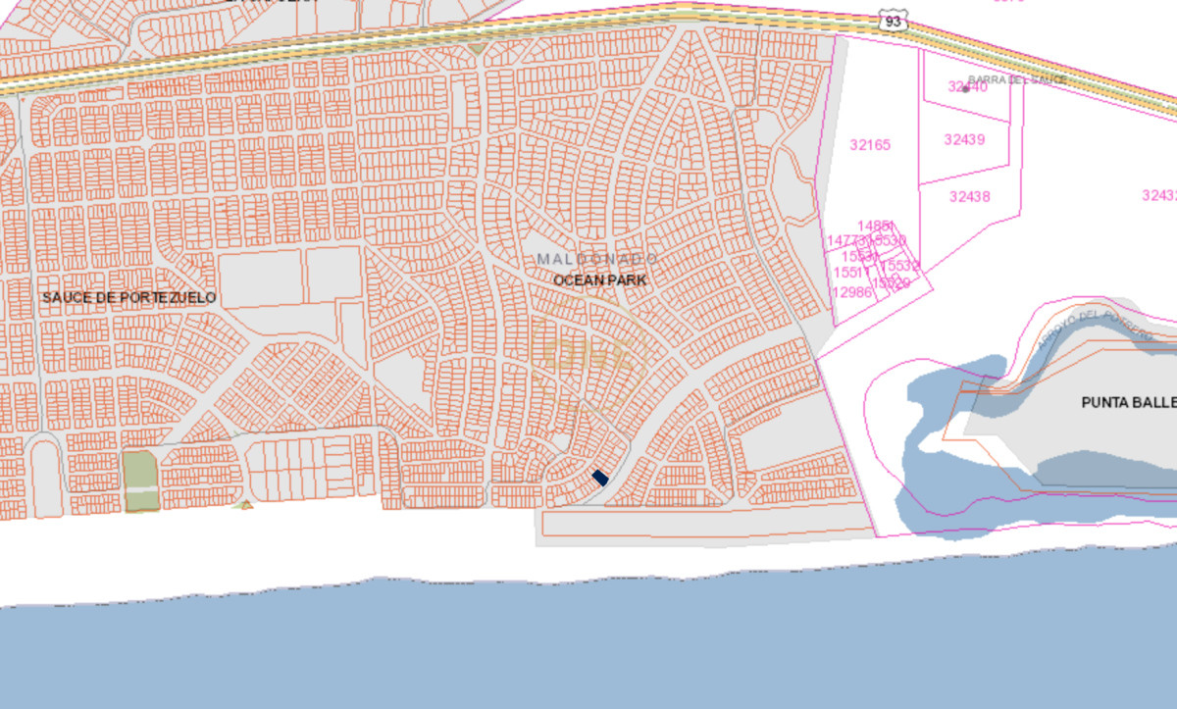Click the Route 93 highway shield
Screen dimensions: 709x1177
891,22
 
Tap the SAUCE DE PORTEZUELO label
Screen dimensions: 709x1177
128,297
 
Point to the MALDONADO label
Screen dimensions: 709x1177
597,258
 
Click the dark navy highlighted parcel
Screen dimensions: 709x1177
601,479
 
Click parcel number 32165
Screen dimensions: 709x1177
870,145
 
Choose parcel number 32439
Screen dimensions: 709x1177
964,139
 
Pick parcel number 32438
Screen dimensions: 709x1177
969,196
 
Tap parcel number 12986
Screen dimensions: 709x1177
851,292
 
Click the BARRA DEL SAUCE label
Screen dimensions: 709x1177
1016,80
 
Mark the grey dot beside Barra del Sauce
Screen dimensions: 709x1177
966,88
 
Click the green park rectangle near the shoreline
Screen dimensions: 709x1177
140,481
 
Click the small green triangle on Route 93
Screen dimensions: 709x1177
477,47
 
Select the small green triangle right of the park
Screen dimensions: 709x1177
247,505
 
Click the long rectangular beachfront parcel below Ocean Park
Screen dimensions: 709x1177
706,525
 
